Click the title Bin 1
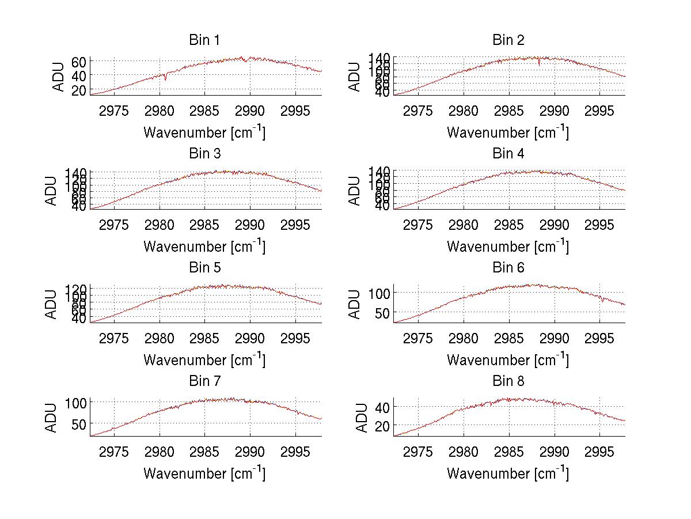(x=204, y=40)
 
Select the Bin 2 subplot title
(x=508, y=40)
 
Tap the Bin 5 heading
(x=204, y=268)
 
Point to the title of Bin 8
(x=508, y=381)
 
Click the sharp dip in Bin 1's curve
(x=165, y=79)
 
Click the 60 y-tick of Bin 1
(x=79, y=61)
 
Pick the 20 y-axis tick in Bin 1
(x=79, y=90)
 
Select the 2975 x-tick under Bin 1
(x=114, y=111)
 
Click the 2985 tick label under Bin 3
(x=205, y=224)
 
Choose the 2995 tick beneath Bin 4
(x=599, y=224)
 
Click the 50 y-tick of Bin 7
(x=79, y=423)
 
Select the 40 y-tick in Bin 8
(x=382, y=407)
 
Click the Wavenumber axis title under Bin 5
(x=204, y=360)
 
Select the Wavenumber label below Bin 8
(x=508, y=473)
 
